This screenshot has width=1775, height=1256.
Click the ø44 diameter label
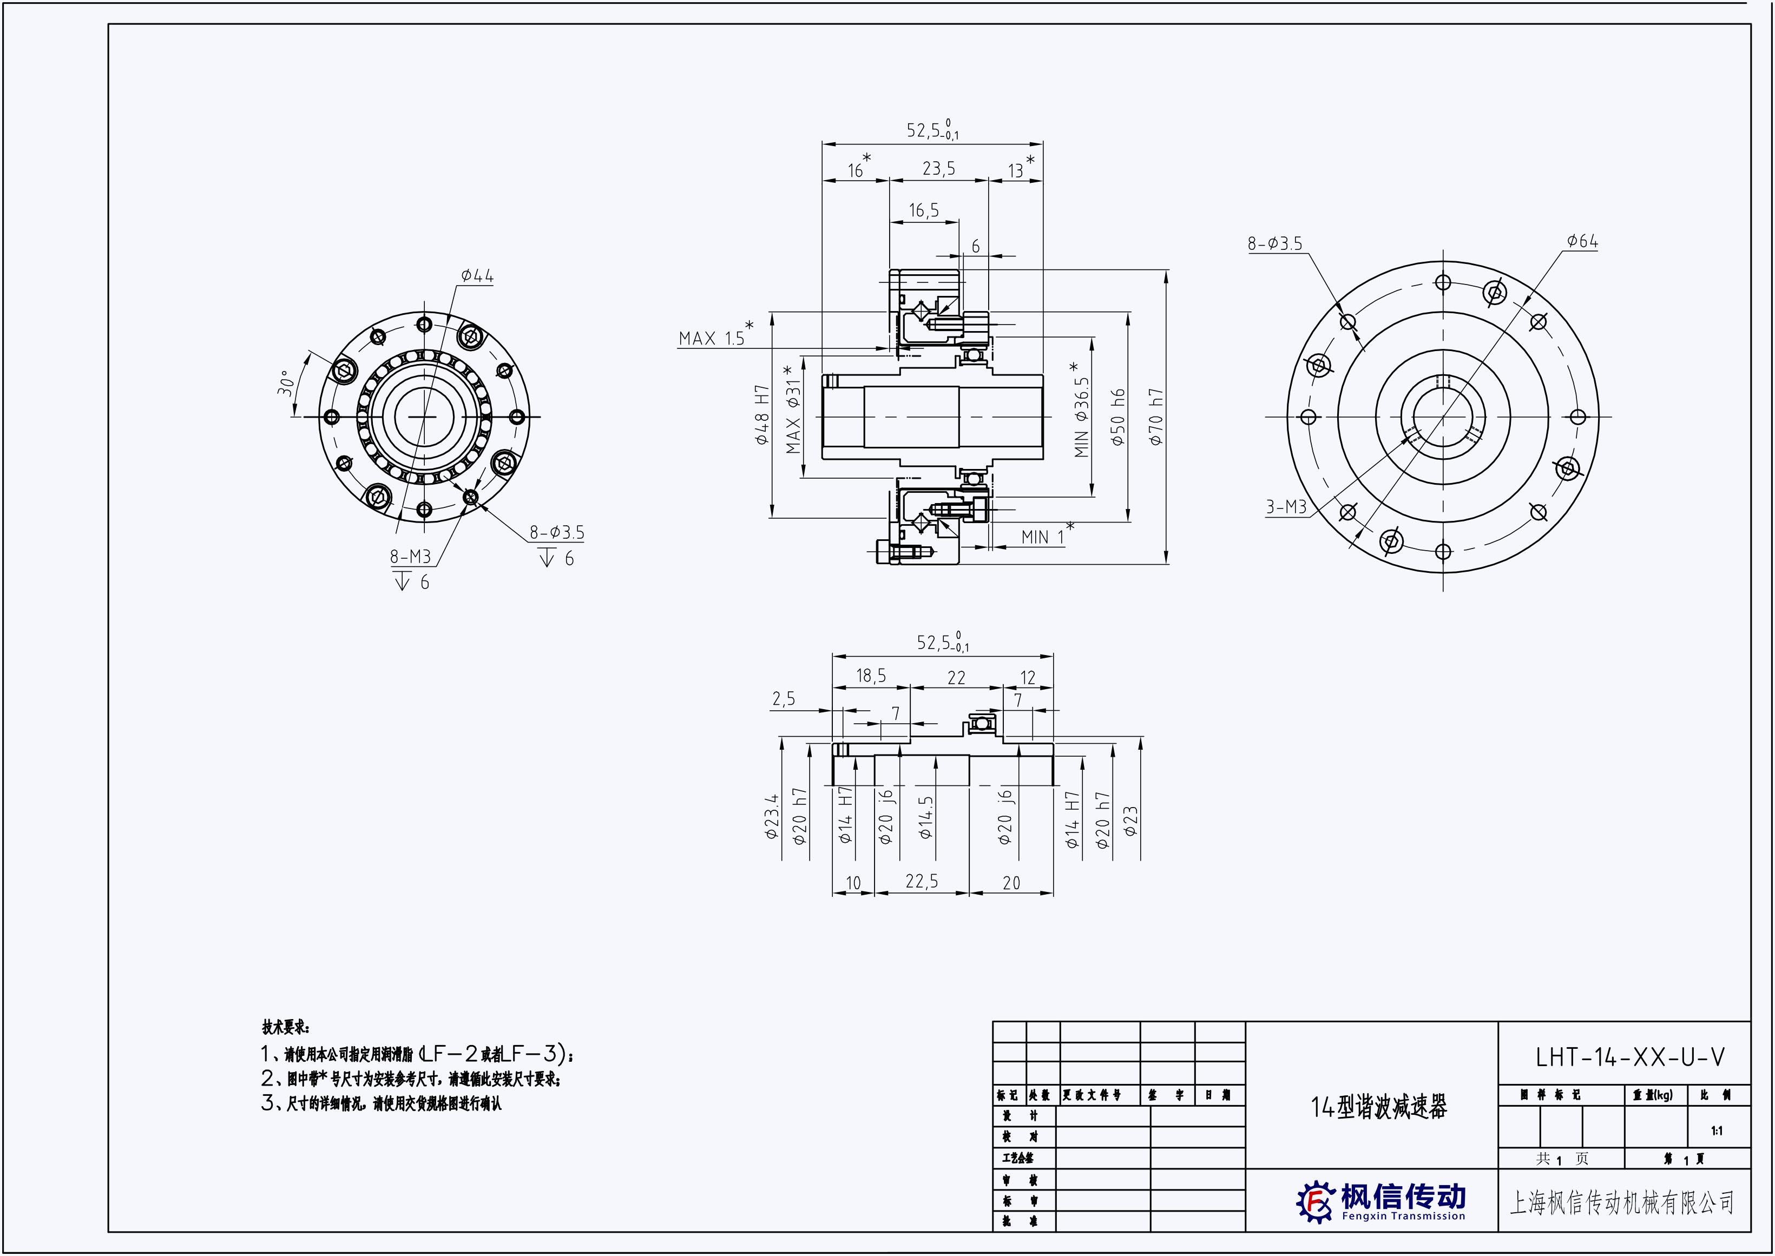(x=477, y=276)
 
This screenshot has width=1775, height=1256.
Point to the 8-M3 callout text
(x=410, y=556)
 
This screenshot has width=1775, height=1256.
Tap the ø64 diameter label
(x=1582, y=241)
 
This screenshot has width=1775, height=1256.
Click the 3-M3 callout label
(x=1286, y=507)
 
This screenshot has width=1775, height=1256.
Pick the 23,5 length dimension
(x=938, y=169)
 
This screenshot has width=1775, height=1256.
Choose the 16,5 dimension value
(x=924, y=210)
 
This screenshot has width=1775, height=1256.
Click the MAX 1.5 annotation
(x=711, y=338)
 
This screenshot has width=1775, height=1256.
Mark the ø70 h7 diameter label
(x=1156, y=417)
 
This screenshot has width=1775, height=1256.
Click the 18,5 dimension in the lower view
(x=871, y=676)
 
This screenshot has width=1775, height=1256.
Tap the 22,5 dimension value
(x=922, y=882)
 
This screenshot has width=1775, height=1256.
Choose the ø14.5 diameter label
(x=925, y=817)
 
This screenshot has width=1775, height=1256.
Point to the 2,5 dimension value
(x=783, y=699)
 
